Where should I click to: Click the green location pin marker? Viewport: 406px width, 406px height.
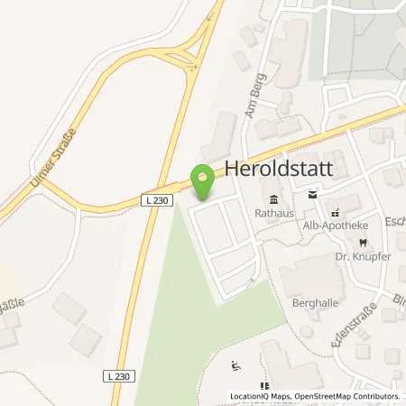click(203, 180)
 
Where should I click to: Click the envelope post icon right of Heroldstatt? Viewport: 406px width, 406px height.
click(313, 193)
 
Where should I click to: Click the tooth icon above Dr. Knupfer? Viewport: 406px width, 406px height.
click(362, 242)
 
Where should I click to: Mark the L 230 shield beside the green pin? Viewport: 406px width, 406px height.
click(157, 200)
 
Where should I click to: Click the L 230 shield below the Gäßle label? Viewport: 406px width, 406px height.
click(115, 374)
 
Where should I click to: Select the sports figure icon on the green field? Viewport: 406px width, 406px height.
click(235, 365)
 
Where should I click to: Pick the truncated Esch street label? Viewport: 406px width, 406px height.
click(395, 219)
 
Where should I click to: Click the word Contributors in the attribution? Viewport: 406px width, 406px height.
click(374, 396)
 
